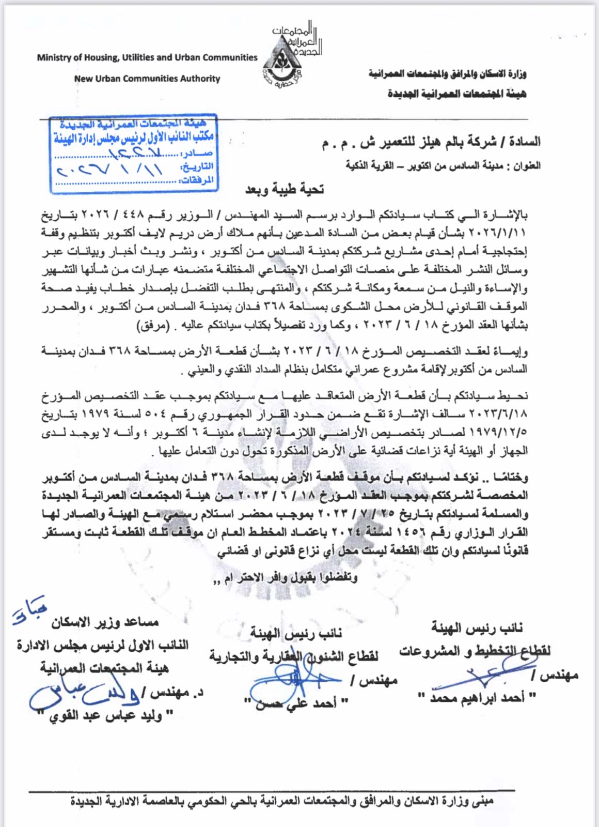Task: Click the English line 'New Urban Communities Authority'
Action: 147,79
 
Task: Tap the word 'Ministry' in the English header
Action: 54,57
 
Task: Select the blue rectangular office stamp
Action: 132,152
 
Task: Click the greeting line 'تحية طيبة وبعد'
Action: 285,189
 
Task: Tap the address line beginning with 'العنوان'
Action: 443,165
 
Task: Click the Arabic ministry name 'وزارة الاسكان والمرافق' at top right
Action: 447,74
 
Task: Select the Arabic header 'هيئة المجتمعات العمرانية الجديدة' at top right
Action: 456,94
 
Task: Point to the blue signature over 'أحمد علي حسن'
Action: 289,682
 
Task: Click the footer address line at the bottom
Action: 282,801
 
